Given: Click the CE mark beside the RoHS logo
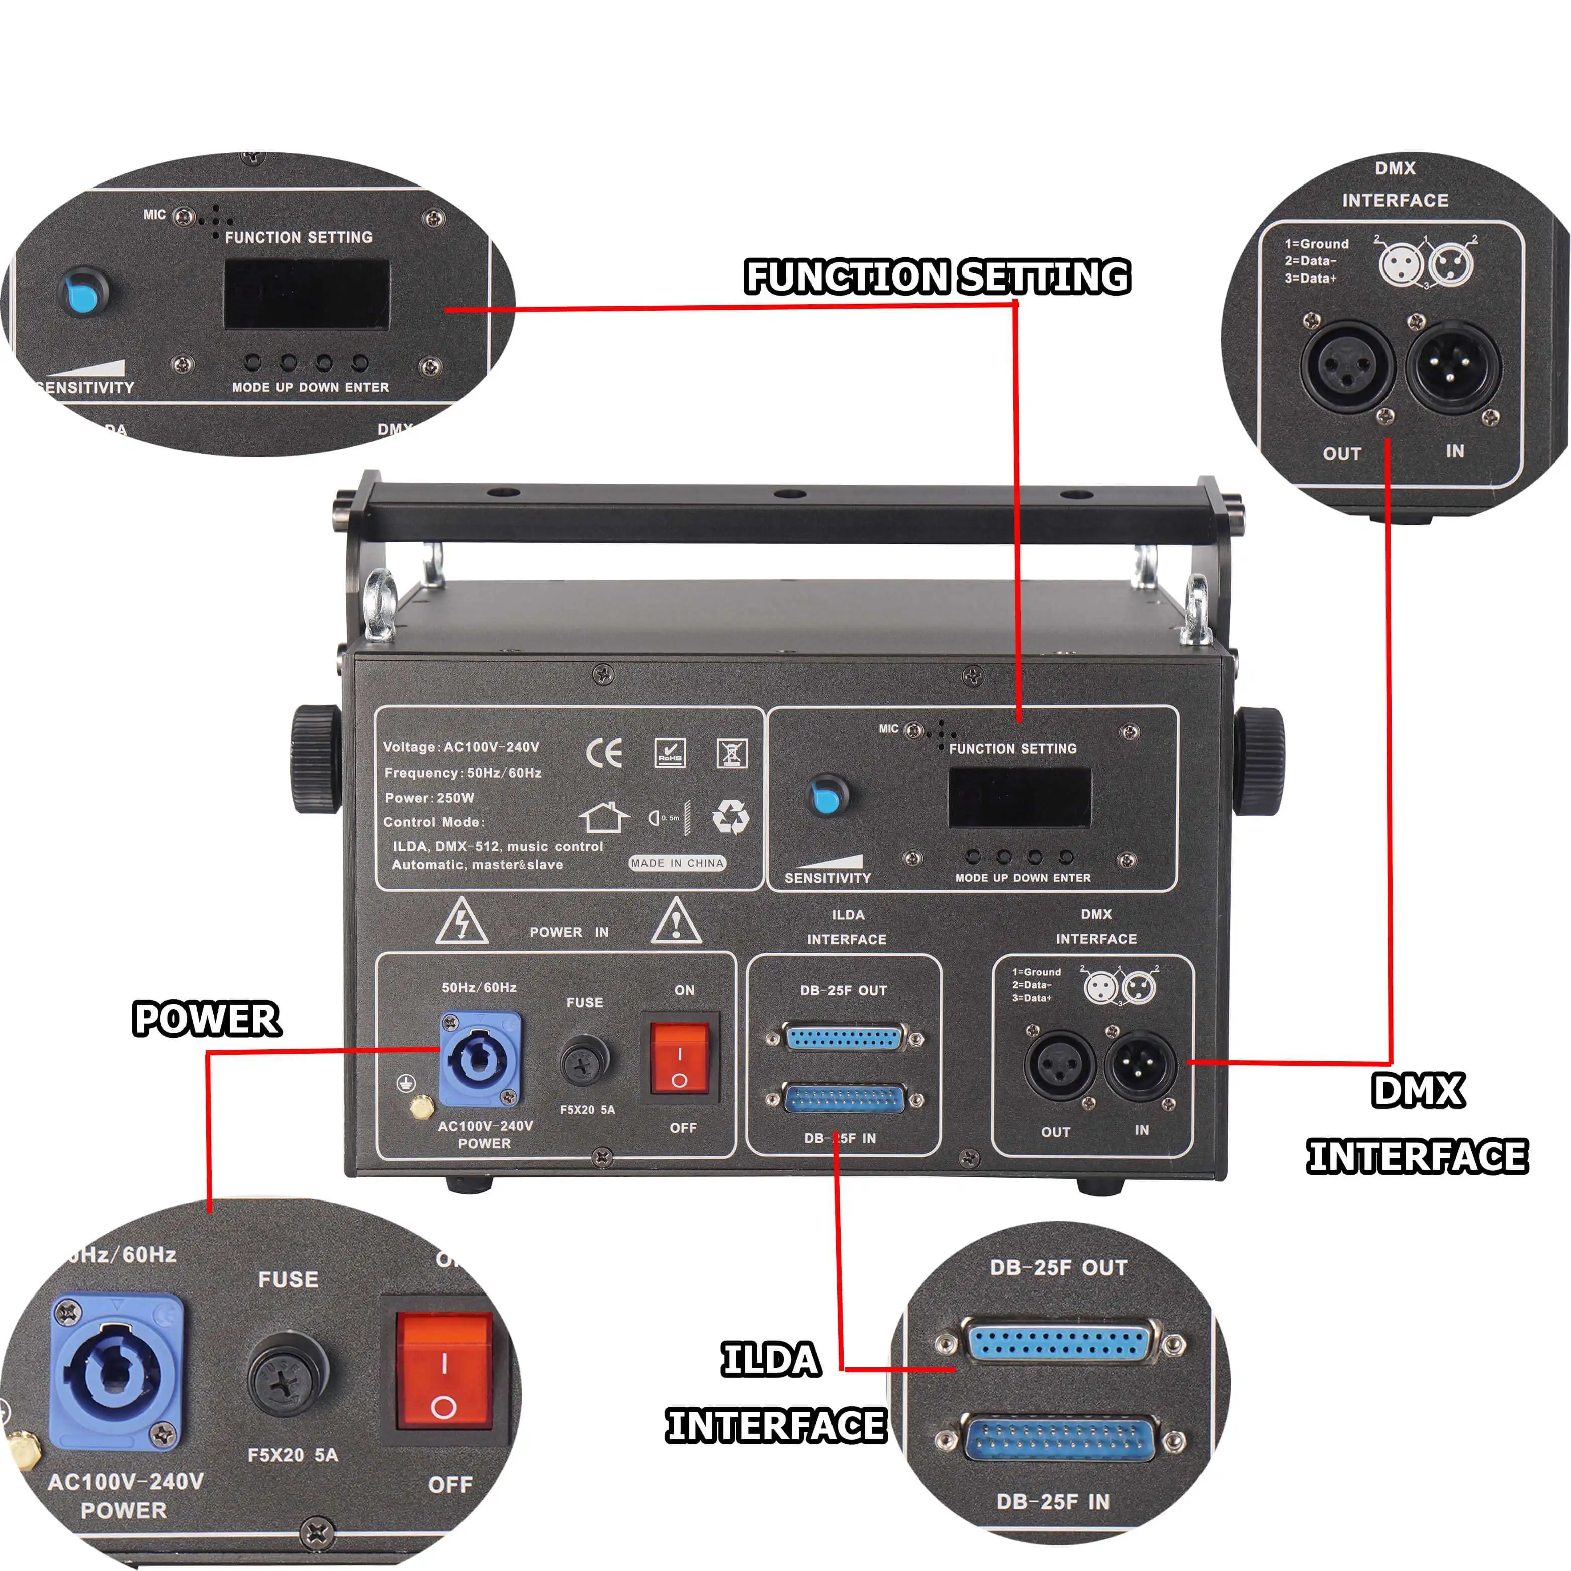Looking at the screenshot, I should coord(604,754).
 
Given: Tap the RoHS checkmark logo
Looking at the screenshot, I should coord(670,753).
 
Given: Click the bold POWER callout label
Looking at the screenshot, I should coord(207,1019).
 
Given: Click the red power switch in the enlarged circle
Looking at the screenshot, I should coord(444,1370).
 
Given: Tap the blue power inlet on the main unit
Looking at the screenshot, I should coord(480,1059).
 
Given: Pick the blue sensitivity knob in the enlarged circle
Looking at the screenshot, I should coord(84,293).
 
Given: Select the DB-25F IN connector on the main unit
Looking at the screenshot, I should coord(844,1100).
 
